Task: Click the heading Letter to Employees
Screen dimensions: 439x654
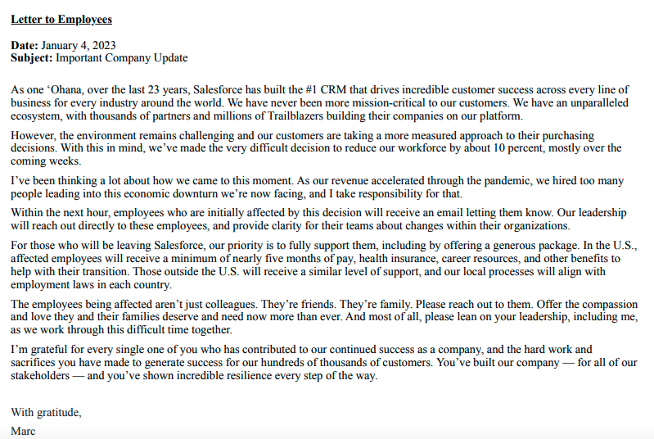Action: [x=61, y=19]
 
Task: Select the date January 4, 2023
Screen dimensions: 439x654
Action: [x=79, y=45]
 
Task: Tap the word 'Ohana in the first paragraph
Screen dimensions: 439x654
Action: [x=60, y=89]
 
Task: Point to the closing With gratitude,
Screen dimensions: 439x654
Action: [x=47, y=412]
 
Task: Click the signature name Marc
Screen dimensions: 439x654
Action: [x=25, y=430]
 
